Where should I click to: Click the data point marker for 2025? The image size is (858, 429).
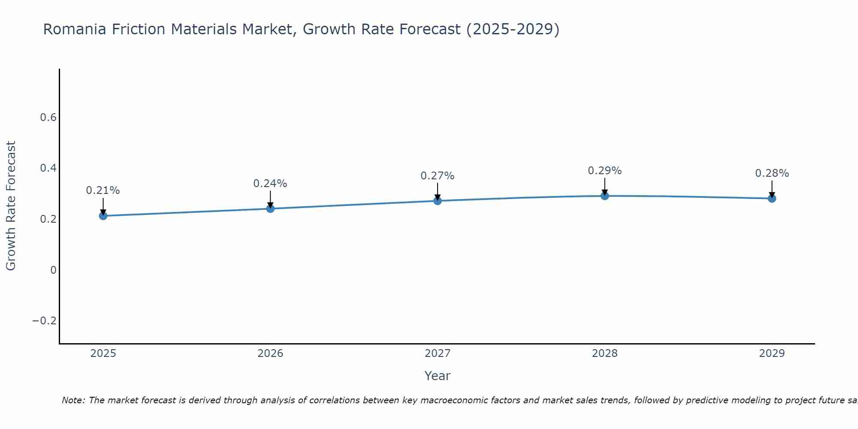[103, 216]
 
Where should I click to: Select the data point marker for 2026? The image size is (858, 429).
[270, 208]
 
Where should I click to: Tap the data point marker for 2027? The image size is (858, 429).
[438, 201]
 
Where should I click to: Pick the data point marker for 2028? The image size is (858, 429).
[604, 196]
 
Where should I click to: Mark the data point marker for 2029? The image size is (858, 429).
[772, 198]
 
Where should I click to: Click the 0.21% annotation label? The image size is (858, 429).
[103, 190]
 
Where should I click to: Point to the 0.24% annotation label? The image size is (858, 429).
[270, 184]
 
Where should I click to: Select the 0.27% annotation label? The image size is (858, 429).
[438, 176]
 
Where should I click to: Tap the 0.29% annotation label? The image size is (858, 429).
[604, 171]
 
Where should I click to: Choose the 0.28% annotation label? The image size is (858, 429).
[772, 173]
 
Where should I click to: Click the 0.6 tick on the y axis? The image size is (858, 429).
[48, 118]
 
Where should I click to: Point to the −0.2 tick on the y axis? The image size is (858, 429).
[44, 321]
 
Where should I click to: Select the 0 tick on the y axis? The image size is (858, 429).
[53, 270]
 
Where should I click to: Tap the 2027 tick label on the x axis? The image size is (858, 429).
[438, 353]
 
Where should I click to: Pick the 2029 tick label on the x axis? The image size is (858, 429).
[772, 353]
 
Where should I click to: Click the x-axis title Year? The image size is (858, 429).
[438, 376]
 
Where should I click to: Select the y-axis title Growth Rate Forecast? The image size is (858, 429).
[11, 206]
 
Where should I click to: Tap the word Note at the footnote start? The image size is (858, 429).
[73, 401]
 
